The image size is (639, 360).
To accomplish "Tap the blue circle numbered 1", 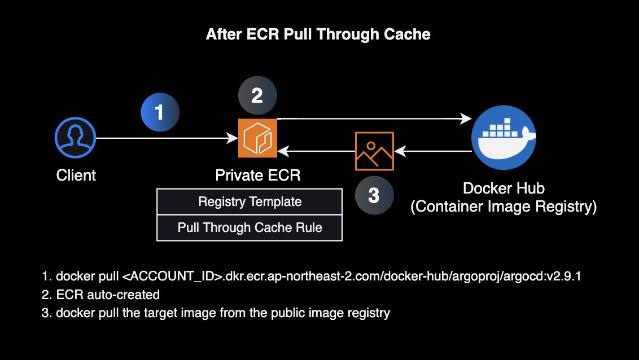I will pyautogui.click(x=160, y=112).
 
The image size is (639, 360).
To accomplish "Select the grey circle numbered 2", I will pyautogui.click(x=257, y=96).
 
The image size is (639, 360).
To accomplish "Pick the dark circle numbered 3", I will pyautogui.click(x=374, y=195).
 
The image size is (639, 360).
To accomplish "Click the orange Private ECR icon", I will pyautogui.click(x=257, y=138).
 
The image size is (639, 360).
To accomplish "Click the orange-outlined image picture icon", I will pyautogui.click(x=374, y=151).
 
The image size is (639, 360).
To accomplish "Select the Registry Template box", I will pyautogui.click(x=250, y=201).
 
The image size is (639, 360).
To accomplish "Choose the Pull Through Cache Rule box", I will pyautogui.click(x=250, y=228).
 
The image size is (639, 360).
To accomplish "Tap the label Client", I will pyautogui.click(x=76, y=175).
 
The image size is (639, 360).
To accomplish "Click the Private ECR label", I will pyautogui.click(x=257, y=175).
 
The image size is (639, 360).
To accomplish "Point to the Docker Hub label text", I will pyautogui.click(x=504, y=188).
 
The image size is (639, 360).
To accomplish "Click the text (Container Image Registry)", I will pyautogui.click(x=504, y=207).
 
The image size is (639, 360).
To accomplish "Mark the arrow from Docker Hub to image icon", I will pyautogui.click(x=434, y=151).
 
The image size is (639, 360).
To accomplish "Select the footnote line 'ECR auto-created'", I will pyautogui.click(x=108, y=295).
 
